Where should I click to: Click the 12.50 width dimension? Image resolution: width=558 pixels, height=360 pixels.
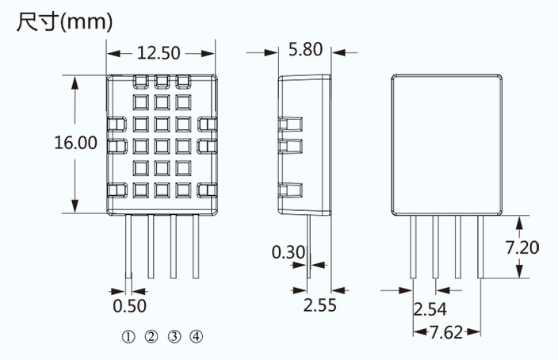(159, 53)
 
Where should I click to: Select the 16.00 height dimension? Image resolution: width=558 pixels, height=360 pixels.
(75, 143)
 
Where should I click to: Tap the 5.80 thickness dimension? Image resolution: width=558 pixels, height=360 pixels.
(305, 49)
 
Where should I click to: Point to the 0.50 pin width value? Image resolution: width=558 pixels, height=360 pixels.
(129, 306)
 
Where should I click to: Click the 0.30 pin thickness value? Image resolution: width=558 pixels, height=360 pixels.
(289, 252)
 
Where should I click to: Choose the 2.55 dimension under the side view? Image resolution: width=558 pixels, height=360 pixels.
(319, 305)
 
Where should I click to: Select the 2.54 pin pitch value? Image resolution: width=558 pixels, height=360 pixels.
(430, 309)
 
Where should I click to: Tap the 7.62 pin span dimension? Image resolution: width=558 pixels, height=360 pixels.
(446, 332)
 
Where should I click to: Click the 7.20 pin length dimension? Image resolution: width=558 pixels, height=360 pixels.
(522, 247)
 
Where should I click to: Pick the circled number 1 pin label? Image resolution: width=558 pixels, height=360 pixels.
(128, 336)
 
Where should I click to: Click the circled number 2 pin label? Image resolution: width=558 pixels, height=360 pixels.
(151, 336)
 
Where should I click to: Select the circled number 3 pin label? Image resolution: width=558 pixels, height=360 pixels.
(174, 336)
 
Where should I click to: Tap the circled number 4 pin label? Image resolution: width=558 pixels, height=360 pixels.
(197, 336)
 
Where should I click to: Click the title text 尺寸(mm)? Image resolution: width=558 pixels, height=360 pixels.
(65, 22)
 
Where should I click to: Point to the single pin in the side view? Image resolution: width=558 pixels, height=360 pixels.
(309, 247)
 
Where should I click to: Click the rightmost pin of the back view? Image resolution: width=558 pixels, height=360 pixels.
(480, 247)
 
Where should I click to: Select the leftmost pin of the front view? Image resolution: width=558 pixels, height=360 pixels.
(128, 247)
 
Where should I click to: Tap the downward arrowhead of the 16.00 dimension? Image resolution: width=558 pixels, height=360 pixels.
(75, 206)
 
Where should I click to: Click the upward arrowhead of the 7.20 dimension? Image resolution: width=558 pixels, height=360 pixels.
(520, 223)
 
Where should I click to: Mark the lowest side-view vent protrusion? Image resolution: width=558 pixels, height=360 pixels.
(290, 190)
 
